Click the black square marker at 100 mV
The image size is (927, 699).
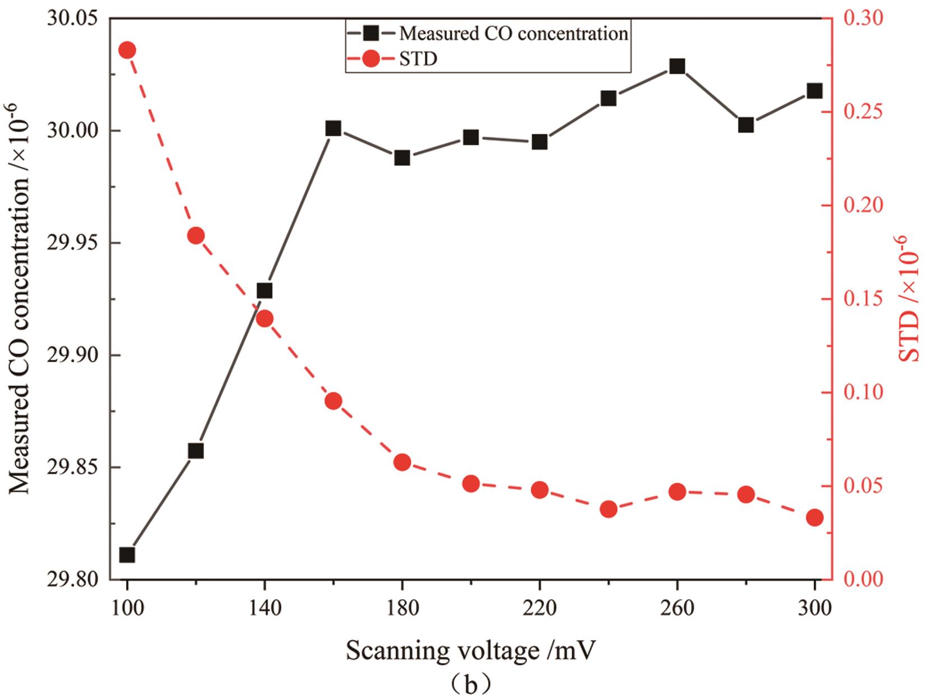pyautogui.click(x=127, y=555)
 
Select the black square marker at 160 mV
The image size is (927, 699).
pyautogui.click(x=333, y=128)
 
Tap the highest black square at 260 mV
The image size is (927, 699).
pyautogui.click(x=677, y=67)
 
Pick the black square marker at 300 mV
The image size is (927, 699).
pyautogui.click(x=814, y=91)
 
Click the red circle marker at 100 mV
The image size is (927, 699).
pyautogui.click(x=127, y=50)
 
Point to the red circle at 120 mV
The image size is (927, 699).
pyautogui.click(x=196, y=235)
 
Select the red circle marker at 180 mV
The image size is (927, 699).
pyautogui.click(x=402, y=462)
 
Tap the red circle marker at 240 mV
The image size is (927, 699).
pyautogui.click(x=609, y=509)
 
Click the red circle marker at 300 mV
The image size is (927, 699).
pyautogui.click(x=814, y=517)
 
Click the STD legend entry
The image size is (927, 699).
pyautogui.click(x=418, y=58)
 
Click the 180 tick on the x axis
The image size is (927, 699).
pyautogui.click(x=402, y=608)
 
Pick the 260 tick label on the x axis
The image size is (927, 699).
pyautogui.click(x=677, y=608)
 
